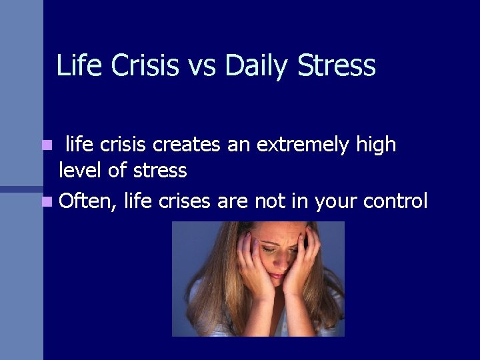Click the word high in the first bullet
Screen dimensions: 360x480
coord(375,145)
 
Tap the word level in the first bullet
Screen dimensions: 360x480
coord(79,171)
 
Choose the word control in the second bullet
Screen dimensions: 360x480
coord(396,201)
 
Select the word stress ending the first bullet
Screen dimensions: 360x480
coord(160,171)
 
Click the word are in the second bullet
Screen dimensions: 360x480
coord(233,201)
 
